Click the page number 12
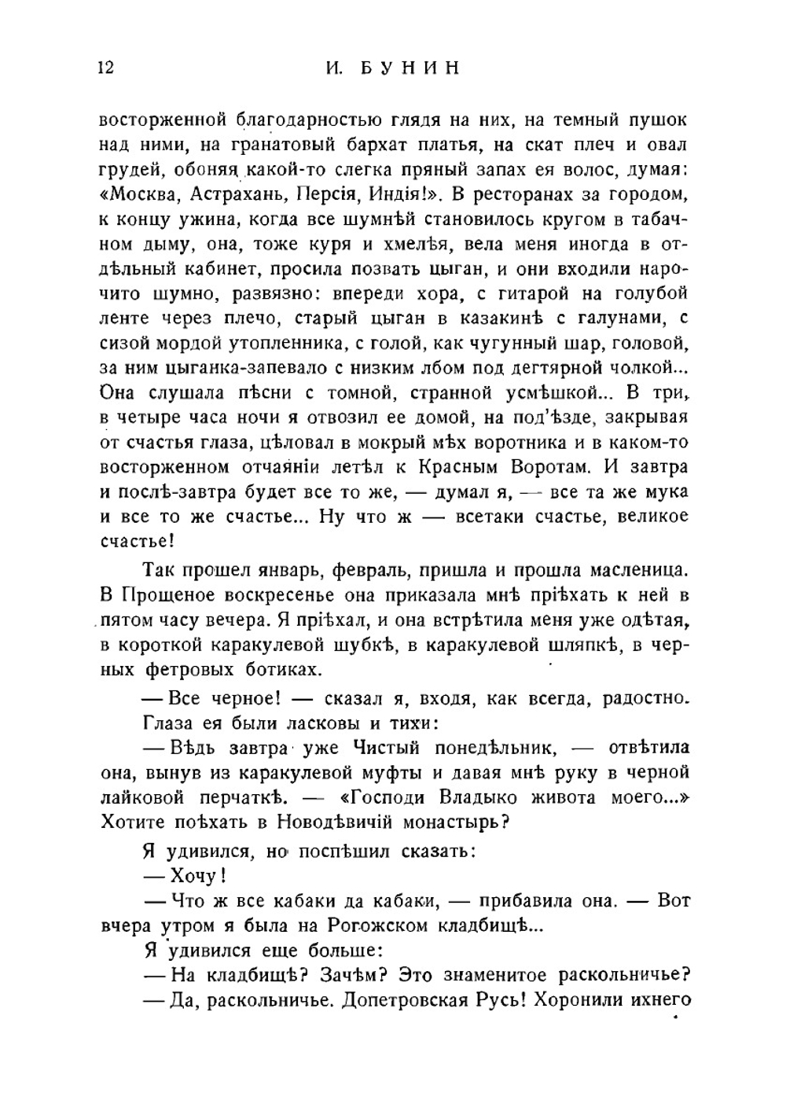click(x=106, y=68)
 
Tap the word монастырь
click(x=446, y=822)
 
